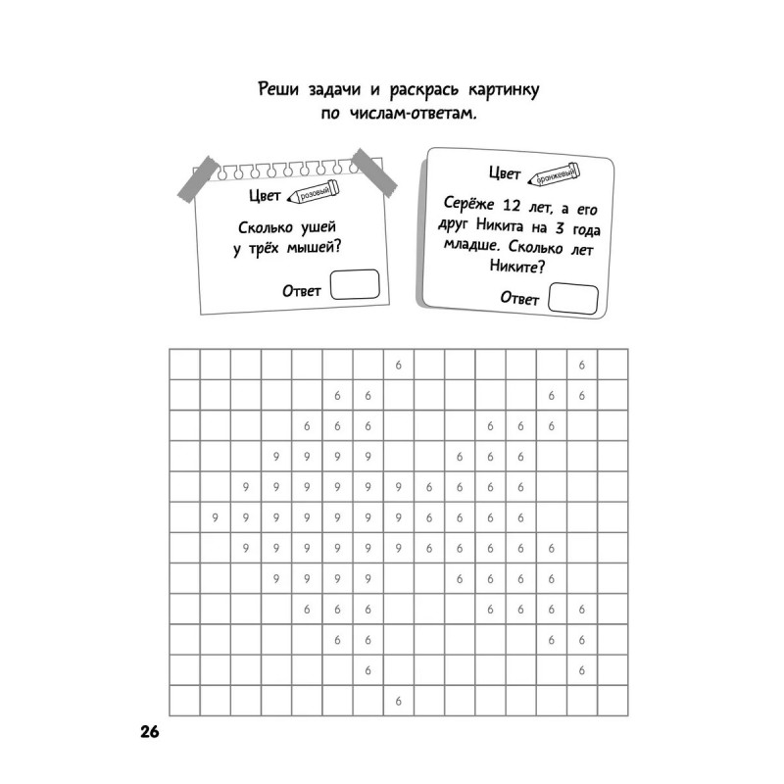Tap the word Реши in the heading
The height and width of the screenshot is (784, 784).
point(278,90)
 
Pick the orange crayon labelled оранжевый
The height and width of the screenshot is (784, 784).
point(554,174)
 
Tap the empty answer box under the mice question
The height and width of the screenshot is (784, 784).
point(356,284)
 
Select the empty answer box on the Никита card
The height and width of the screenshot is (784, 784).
point(573,298)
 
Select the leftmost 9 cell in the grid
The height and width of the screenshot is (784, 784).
point(215,516)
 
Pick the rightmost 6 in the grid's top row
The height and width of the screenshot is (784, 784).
point(581,365)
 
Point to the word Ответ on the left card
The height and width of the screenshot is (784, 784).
point(302,290)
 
